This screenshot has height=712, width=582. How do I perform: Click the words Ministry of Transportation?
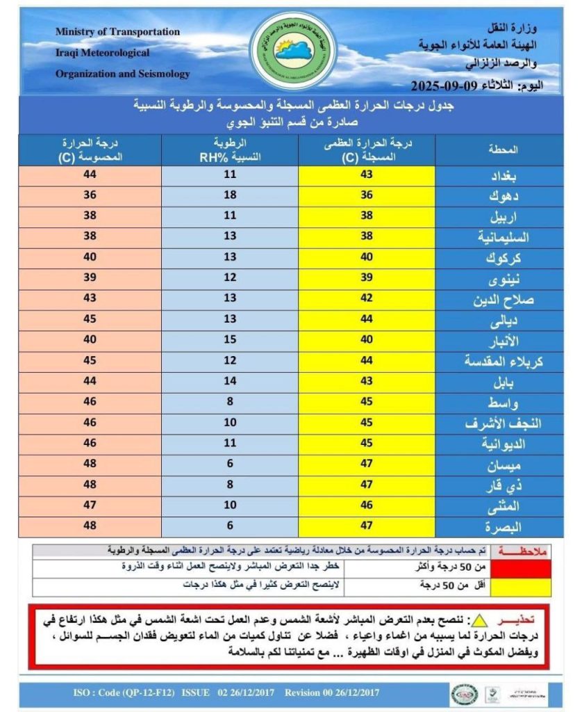pos(117,32)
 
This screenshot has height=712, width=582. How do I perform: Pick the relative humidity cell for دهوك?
pos(229,195)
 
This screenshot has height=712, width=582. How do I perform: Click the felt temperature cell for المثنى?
pos(89,506)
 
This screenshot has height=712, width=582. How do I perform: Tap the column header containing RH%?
pos(229,150)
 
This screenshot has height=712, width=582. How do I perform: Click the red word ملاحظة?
pos(519,550)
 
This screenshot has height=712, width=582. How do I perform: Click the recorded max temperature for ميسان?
pos(366,464)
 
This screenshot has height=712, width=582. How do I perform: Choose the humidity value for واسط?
pos(229,401)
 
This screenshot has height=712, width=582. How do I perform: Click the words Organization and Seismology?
pos(122,74)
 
